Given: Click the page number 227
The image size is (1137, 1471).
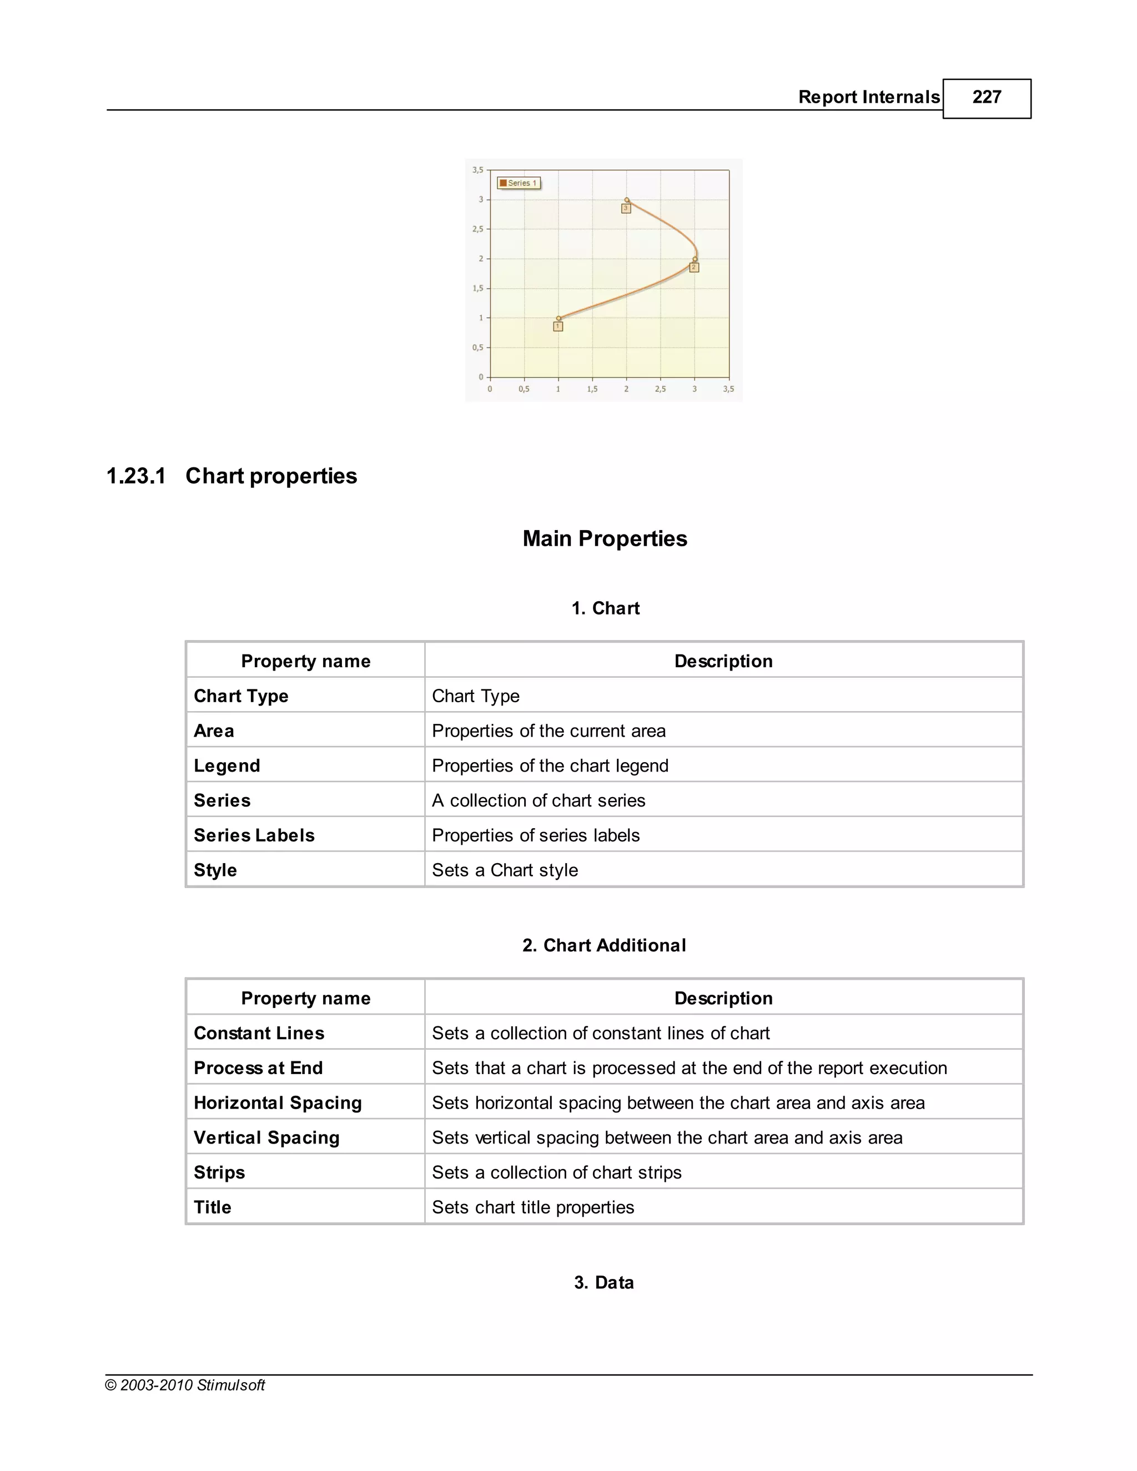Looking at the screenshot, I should tap(986, 98).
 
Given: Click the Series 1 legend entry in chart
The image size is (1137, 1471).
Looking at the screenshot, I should tap(519, 183).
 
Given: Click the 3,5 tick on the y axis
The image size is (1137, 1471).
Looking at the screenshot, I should tap(477, 170).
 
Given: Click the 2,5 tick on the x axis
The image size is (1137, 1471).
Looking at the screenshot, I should tap(660, 389).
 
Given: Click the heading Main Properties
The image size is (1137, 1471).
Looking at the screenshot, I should tap(604, 539).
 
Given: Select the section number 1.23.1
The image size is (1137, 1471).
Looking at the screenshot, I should tap(136, 476).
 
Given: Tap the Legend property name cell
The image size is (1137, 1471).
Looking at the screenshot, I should tap(227, 766).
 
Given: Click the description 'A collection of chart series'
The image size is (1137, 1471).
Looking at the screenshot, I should tap(538, 801).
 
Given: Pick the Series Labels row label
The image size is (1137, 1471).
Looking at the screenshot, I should tap(254, 836).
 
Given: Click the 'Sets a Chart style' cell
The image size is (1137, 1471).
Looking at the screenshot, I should tap(505, 870).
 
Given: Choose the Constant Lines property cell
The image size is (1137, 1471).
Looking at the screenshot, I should tap(259, 1033).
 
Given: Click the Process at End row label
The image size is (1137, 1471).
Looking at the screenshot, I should tap(258, 1068).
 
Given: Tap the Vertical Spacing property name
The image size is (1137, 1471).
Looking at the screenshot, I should tap(266, 1137).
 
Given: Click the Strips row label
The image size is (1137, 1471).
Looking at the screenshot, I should tap(219, 1172).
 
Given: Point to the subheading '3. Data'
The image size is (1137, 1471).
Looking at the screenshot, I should tap(603, 1282).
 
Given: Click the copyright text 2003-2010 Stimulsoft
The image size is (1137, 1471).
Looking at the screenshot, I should tap(185, 1386).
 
